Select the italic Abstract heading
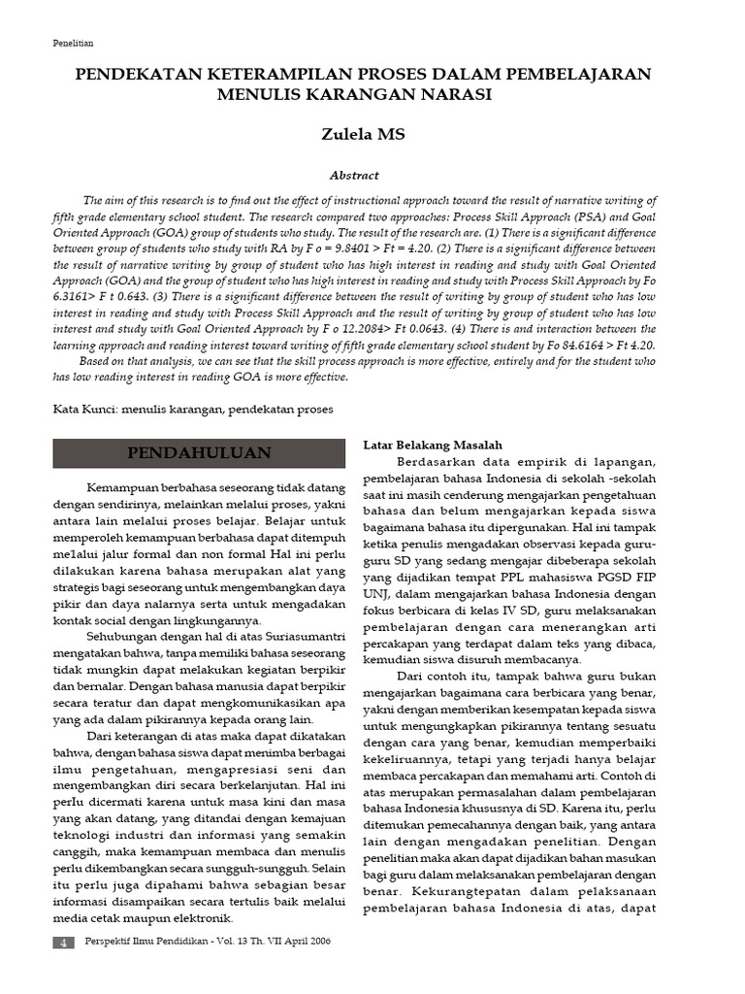click(354, 176)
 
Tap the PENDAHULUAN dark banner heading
click(199, 453)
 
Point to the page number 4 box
click(63, 943)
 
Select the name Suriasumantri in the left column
click(296, 633)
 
